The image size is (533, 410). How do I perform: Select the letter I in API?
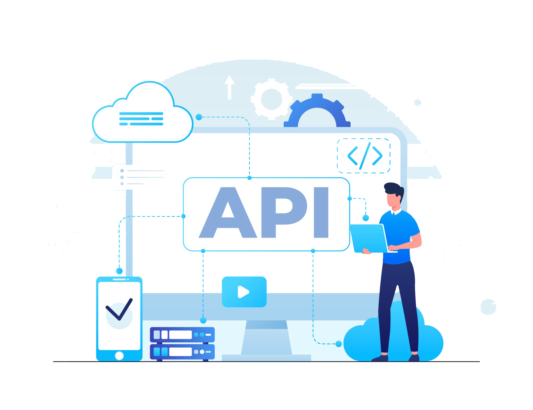pos(321,212)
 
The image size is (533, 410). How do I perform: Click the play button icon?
pos(244,292)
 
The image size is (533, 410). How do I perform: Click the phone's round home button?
pos(119,356)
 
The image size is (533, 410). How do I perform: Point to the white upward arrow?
pos(230,87)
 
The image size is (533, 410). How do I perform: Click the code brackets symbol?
pos(365,156)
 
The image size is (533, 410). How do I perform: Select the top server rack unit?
pos(182,335)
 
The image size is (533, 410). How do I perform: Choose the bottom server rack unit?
pos(182,352)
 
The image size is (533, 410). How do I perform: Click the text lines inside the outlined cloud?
pos(141,119)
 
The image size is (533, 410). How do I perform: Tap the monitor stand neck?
pos(266,337)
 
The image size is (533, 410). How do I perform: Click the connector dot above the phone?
pos(119,271)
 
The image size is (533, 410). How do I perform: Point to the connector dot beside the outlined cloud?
pos(199,117)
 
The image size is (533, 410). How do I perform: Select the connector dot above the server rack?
pos(203,320)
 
